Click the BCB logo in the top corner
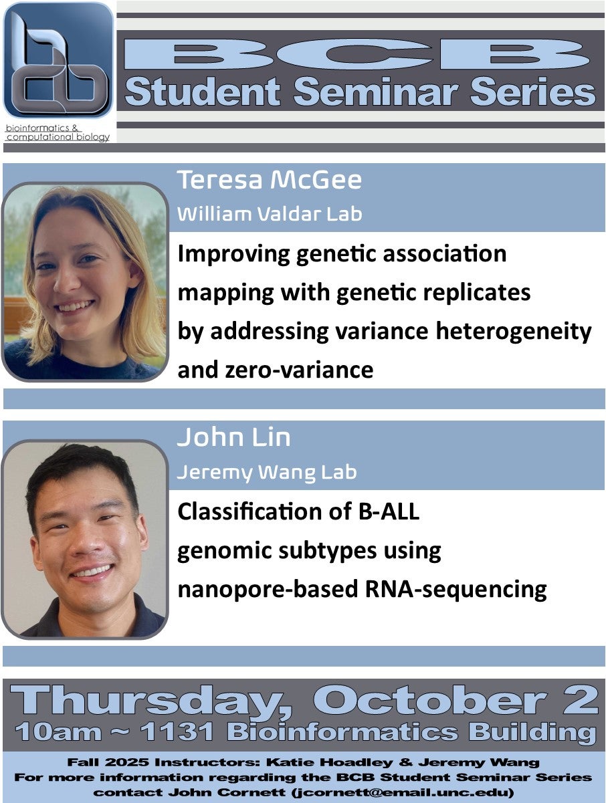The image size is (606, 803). click(58, 62)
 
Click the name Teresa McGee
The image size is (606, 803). click(269, 181)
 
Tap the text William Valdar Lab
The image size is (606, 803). click(269, 214)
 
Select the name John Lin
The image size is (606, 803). click(233, 437)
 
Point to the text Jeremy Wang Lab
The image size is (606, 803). click(266, 472)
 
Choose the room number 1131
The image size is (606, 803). click(178, 731)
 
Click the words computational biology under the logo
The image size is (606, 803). click(58, 137)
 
